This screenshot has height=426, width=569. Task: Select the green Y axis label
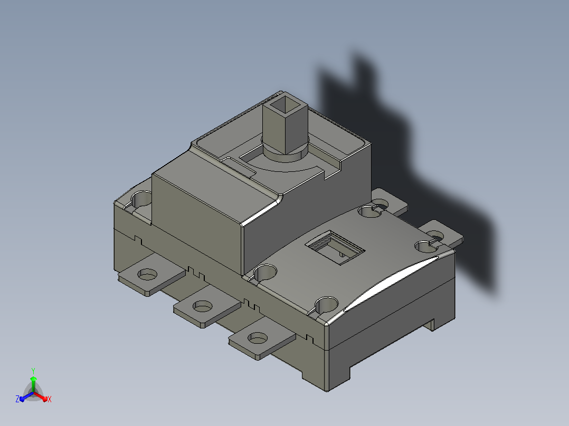point(33,371)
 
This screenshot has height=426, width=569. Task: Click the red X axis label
point(50,399)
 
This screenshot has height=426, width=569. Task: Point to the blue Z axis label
point(17,399)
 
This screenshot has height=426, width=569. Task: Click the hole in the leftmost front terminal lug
point(147,275)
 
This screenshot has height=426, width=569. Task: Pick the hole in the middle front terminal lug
point(203,306)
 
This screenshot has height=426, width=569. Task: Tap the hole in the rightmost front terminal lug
point(258,338)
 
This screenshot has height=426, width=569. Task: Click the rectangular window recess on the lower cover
point(335,248)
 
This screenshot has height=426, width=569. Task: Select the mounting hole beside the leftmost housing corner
point(142,199)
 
